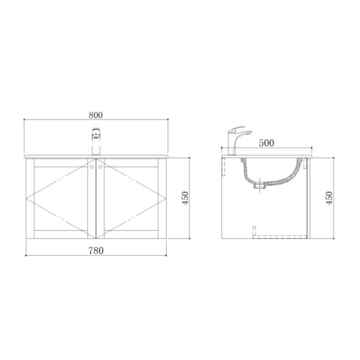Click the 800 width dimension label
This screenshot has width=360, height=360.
[x=96, y=115]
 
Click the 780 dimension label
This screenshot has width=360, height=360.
[x=96, y=251]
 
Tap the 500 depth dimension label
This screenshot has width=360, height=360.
[x=267, y=143]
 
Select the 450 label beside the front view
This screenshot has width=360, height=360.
[x=185, y=198]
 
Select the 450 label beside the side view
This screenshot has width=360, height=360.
[x=329, y=198]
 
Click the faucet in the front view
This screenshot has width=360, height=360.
[x=96, y=142]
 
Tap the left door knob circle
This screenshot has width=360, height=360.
[x=92, y=167]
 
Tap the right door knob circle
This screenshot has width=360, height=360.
[x=100, y=167]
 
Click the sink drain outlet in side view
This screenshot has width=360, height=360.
[x=259, y=186]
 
